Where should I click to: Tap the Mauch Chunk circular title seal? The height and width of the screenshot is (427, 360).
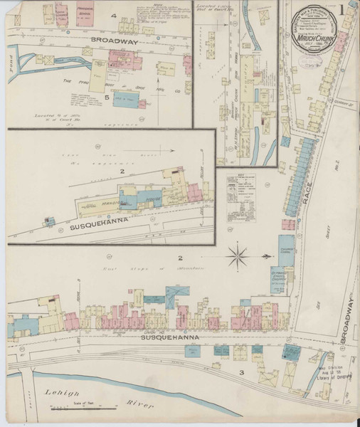tap(317, 33)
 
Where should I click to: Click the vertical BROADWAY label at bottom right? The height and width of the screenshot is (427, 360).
tap(348, 320)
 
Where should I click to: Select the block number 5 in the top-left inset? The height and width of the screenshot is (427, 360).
tap(108, 97)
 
